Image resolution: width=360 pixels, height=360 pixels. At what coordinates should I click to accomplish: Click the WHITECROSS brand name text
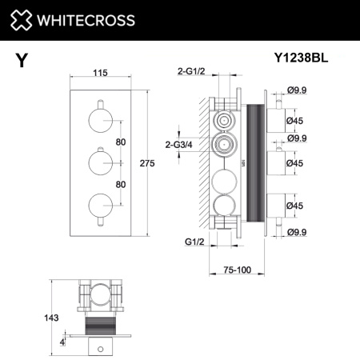click(90, 21)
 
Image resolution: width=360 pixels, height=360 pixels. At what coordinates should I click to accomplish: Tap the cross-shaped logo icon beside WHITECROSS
click(23, 21)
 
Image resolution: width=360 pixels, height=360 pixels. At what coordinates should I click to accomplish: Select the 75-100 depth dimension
click(238, 270)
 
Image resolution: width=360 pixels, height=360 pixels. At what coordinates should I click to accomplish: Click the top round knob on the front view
click(100, 122)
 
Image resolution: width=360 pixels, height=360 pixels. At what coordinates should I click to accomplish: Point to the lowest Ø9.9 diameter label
click(298, 232)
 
